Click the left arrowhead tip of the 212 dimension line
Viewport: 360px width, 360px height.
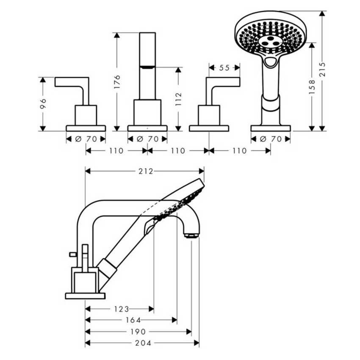tap(86, 171)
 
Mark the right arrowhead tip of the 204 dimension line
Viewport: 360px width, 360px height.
tap(199, 343)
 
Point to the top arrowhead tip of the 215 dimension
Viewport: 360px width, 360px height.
tap(322, 11)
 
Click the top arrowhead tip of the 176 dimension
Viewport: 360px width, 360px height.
tap(117, 33)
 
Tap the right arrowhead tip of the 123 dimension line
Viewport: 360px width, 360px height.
tap(154, 309)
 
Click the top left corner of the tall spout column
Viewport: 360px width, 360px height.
tap(140, 33)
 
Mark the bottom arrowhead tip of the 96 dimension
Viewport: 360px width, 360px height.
tap(43, 131)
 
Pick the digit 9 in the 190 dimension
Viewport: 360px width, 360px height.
tap(138, 332)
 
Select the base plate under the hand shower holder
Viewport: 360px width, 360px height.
tap(271, 128)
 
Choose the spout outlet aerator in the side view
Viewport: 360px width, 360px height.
tap(191, 235)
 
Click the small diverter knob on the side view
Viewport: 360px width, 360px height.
tap(72, 254)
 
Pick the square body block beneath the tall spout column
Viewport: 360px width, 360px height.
tap(147, 113)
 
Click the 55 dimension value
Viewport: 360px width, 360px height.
tap(224, 68)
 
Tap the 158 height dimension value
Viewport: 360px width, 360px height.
tap(312, 87)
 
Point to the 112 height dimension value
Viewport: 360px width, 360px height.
tap(178, 99)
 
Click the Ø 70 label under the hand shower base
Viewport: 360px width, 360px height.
tap(271, 139)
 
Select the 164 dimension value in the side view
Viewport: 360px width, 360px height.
tap(133, 320)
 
